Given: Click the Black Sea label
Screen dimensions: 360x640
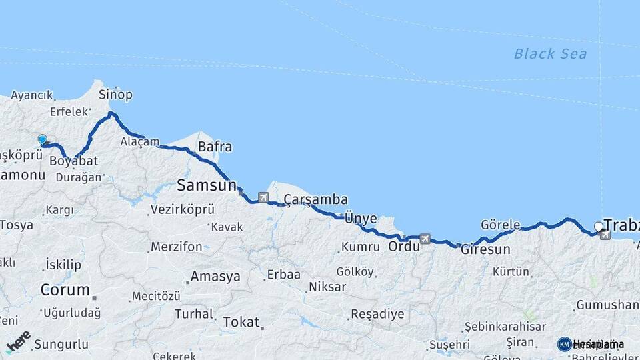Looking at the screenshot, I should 550,54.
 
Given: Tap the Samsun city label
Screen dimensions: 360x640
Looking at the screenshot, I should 207,185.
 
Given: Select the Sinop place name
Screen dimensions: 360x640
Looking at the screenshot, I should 115,95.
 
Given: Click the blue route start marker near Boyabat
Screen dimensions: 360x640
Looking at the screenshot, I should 43,140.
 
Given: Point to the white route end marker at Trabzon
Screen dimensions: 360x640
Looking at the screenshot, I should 598,227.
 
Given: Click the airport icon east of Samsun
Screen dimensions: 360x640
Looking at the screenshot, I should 263,197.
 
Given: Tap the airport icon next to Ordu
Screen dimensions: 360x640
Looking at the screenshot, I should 425,239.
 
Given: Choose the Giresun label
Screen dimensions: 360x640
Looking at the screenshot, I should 485,250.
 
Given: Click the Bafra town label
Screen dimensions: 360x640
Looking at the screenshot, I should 215,147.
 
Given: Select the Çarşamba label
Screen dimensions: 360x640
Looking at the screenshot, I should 315,199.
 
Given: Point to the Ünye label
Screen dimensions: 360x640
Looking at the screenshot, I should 360,218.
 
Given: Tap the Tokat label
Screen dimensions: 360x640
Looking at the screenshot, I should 241,322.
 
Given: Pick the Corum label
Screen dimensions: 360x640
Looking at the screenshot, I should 65,290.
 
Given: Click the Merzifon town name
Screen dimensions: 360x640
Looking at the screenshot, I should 176,247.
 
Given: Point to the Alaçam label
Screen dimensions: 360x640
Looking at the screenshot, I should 140,141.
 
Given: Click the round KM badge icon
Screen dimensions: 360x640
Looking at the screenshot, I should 565,344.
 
